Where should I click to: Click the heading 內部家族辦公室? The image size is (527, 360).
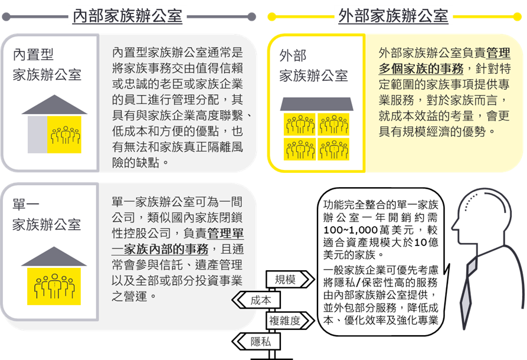coord(127,16)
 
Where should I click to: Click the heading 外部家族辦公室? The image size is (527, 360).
coord(394,16)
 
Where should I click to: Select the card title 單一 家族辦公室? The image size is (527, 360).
coord(47,215)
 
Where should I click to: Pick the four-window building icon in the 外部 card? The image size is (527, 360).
coord(317,127)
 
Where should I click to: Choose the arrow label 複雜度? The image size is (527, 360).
coord(285,321)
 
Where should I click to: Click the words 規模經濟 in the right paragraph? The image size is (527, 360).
coord(434,130)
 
